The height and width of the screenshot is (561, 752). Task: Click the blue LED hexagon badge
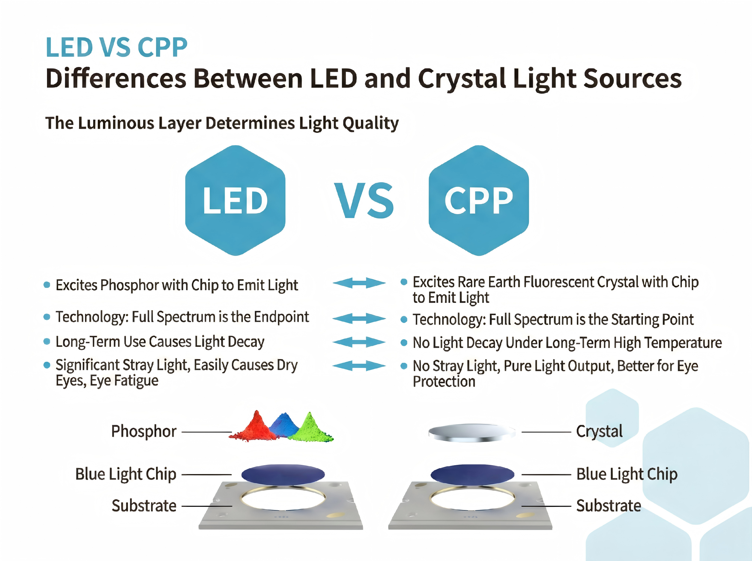tap(235, 200)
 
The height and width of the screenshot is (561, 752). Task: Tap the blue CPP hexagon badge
tap(478, 200)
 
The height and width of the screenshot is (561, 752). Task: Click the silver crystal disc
tap(472, 432)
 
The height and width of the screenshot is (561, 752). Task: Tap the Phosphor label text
tap(144, 431)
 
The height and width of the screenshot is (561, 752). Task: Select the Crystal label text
tap(599, 431)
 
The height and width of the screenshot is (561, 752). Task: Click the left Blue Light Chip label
tap(126, 474)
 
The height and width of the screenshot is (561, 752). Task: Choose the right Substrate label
tap(608, 506)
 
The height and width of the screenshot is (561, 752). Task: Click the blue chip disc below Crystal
tap(472, 474)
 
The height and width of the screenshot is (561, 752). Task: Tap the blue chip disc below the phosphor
tap(283, 474)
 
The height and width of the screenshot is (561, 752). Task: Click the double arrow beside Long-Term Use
tap(359, 342)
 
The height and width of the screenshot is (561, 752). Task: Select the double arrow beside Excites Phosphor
tap(359, 283)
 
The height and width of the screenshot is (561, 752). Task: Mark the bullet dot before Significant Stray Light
tap(47, 365)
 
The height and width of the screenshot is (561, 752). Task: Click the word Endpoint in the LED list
tap(281, 317)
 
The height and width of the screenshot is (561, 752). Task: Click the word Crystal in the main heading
tap(462, 79)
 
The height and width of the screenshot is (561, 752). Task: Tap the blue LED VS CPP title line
tap(116, 47)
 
